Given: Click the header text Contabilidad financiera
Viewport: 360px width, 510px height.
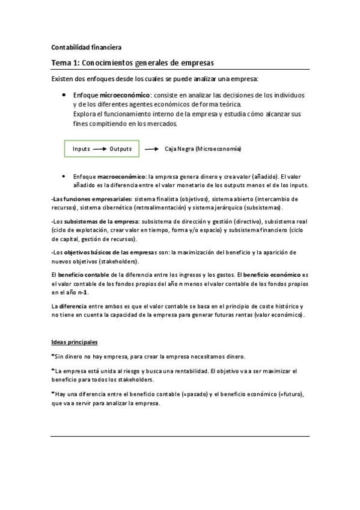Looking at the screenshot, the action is coord(85,47).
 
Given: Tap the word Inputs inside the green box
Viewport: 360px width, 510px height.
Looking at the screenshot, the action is coord(81,149).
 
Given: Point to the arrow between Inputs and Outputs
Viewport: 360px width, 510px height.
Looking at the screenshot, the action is coord(100,149).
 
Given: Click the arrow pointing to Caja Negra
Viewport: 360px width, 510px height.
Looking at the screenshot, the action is coord(151,149).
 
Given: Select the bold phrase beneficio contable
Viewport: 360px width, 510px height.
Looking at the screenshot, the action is coord(85,275).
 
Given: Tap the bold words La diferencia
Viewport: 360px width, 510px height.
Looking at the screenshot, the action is coord(68,306).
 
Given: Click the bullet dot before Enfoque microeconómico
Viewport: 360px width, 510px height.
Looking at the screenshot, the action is coord(64,95).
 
